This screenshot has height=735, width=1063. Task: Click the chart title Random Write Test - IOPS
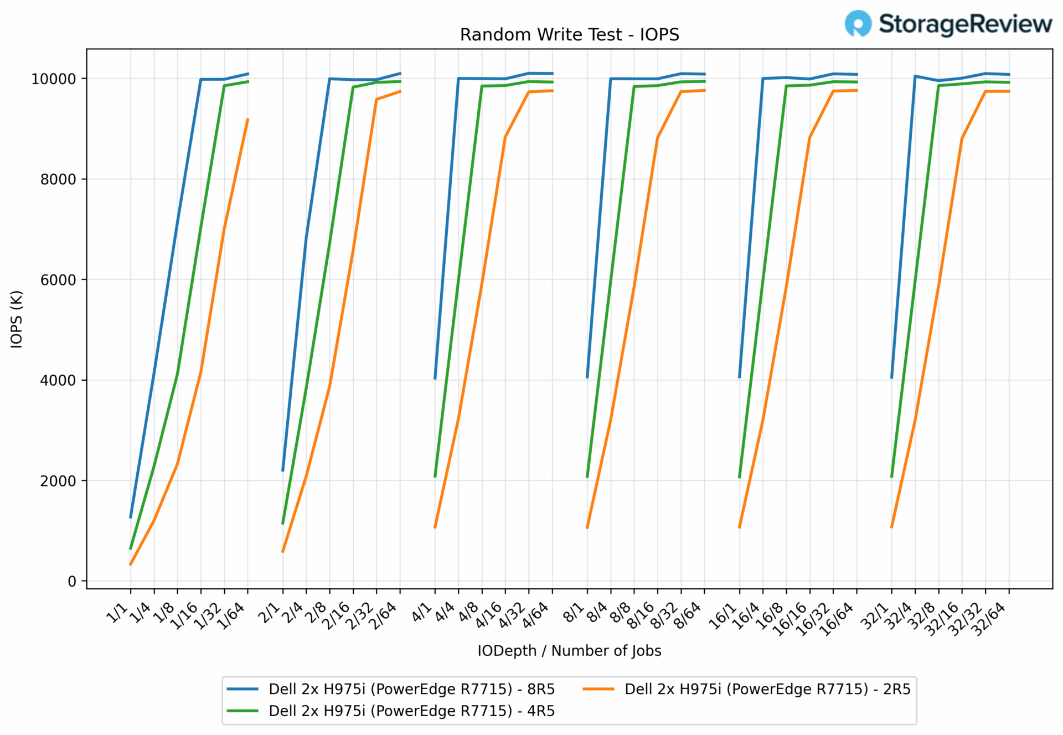(569, 35)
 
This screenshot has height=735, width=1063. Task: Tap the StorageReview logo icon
(858, 24)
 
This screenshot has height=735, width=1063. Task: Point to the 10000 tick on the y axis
(53, 79)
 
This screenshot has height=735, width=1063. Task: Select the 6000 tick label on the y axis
(58, 280)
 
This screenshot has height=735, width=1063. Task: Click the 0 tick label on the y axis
(72, 582)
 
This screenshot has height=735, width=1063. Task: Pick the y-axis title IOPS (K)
(17, 319)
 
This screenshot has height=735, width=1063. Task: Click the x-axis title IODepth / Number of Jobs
(569, 651)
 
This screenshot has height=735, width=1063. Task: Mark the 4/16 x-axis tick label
(489, 615)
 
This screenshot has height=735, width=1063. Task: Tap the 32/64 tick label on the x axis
(989, 619)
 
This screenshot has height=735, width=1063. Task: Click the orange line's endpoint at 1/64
(247, 119)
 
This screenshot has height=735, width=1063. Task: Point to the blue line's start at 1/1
(131, 517)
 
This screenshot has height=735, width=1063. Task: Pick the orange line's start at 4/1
(435, 527)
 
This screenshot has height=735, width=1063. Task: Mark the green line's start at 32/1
(891, 477)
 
